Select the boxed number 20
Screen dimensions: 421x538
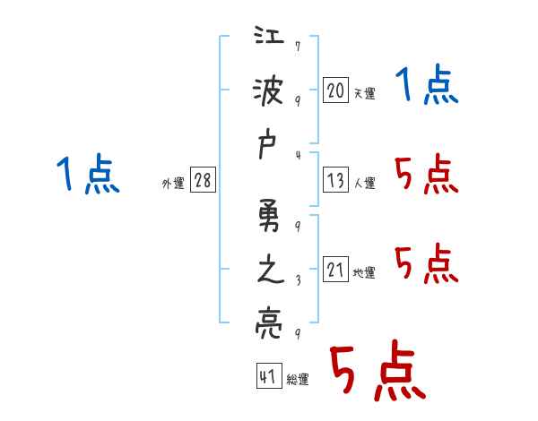click(x=335, y=90)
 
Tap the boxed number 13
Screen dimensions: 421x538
click(x=335, y=181)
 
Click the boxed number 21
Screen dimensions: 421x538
click(x=335, y=271)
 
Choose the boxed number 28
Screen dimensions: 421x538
click(x=203, y=181)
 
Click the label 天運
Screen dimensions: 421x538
click(x=364, y=93)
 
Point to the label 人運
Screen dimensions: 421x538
click(x=364, y=184)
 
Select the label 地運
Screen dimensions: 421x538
click(x=364, y=273)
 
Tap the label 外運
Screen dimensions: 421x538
click(x=173, y=184)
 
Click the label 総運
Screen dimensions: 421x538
click(x=298, y=380)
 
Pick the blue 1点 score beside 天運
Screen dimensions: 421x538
click(x=427, y=87)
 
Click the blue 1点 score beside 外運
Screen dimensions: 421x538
click(x=87, y=175)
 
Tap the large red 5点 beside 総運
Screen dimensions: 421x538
click(x=377, y=373)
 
